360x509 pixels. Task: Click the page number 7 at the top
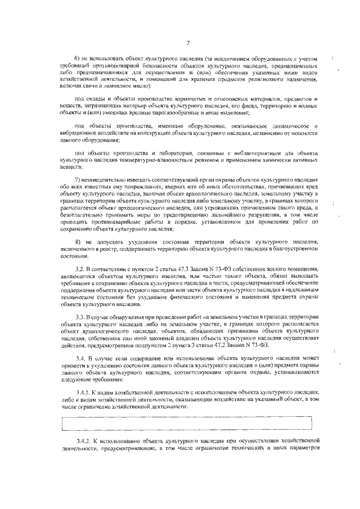coord(188,43)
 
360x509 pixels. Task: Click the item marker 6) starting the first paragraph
coord(79,59)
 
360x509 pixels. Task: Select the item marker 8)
coord(79,241)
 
